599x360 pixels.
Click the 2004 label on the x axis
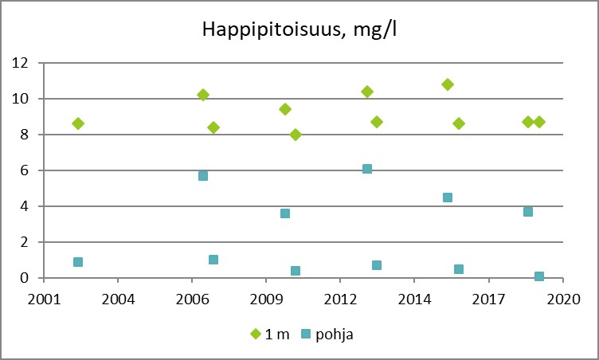click(x=117, y=299)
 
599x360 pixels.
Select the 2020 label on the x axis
click(x=562, y=299)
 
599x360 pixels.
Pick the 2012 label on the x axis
click(x=340, y=299)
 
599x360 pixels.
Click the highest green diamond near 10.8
click(x=448, y=84)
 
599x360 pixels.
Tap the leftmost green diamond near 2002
click(x=78, y=123)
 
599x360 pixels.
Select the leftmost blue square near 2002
click(x=78, y=262)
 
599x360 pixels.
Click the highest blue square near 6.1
click(x=367, y=169)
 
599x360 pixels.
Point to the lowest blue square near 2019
click(x=539, y=276)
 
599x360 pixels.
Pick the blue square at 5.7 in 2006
click(x=203, y=176)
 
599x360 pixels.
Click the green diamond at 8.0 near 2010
click(x=296, y=135)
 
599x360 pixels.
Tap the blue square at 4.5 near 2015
click(x=448, y=198)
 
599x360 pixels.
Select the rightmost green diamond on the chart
click(x=539, y=122)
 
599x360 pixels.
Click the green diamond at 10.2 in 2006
click(x=203, y=95)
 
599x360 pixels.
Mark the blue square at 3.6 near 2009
click(x=285, y=213)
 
